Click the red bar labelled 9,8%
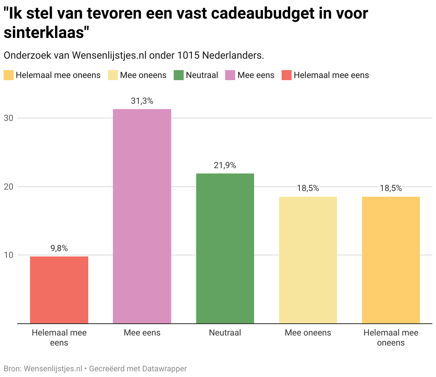pyautogui.click(x=59, y=290)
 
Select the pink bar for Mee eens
pyautogui.click(x=142, y=216)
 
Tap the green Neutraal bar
pyautogui.click(x=225, y=248)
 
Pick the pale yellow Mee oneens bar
pyautogui.click(x=308, y=260)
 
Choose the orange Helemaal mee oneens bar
pyautogui.click(x=391, y=260)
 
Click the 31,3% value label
pyautogui.click(x=142, y=101)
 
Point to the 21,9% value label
pyautogui.click(x=225, y=166)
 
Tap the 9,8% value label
pyautogui.click(x=59, y=249)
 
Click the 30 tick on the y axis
pyautogui.click(x=8, y=118)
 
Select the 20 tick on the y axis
pyautogui.click(x=8, y=187)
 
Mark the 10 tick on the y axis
pyautogui.click(x=8, y=255)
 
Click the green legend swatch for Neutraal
pyautogui.click(x=178, y=75)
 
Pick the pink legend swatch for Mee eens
pyautogui.click(x=230, y=75)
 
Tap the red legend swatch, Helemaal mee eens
pyautogui.click(x=286, y=75)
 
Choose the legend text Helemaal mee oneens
pyautogui.click(x=58, y=75)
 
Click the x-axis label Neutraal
pyautogui.click(x=225, y=333)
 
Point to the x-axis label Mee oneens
pyautogui.click(x=308, y=333)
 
